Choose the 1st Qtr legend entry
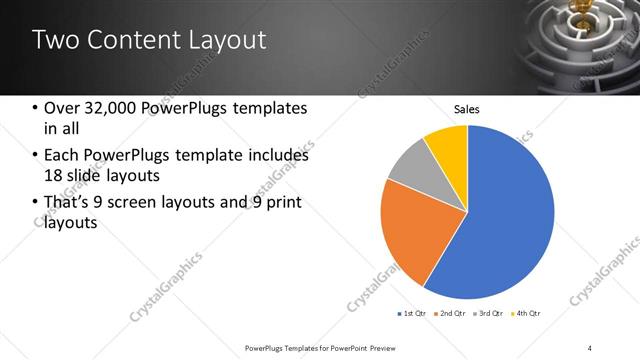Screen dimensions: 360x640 pyautogui.click(x=413, y=314)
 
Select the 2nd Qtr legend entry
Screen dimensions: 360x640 pyautogui.click(x=451, y=314)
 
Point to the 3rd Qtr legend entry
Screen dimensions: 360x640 pyautogui.click(x=489, y=314)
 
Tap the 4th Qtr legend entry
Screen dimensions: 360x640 pyautogui.click(x=527, y=314)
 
